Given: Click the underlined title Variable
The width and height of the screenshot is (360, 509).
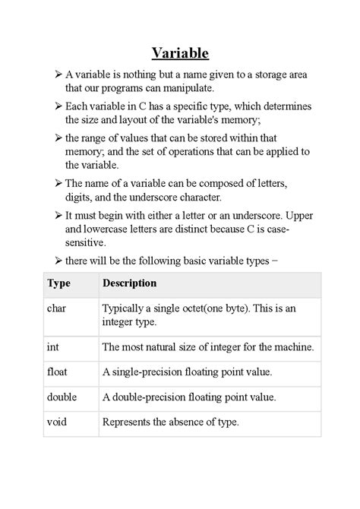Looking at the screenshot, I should (x=180, y=52).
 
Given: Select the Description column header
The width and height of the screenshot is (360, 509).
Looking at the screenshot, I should (x=129, y=283).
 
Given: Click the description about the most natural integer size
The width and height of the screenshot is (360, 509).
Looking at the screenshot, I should (x=207, y=347).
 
